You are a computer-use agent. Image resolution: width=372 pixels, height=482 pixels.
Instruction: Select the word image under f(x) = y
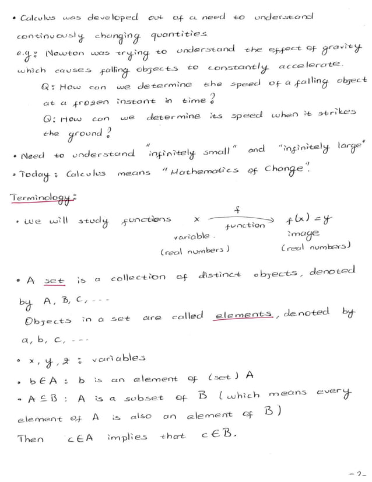pyautogui.click(x=304, y=234)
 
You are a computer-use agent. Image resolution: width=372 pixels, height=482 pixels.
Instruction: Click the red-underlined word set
pyautogui.click(x=54, y=281)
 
